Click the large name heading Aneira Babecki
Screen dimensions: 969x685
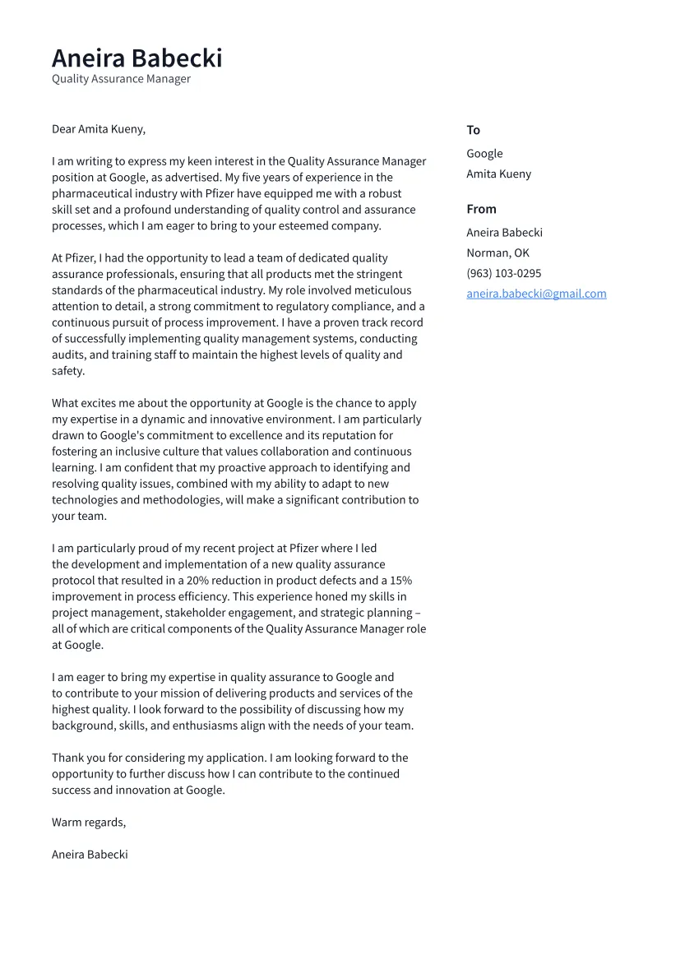(137, 58)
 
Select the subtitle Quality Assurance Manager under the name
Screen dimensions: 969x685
(121, 79)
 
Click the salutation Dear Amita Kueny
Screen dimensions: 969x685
(98, 129)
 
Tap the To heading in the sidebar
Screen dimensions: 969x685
(473, 130)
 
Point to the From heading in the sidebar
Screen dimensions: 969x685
(481, 209)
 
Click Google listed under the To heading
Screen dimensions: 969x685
(484, 154)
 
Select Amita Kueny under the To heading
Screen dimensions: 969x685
(498, 174)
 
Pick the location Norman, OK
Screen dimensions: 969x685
(498, 253)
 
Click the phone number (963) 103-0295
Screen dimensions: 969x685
(503, 273)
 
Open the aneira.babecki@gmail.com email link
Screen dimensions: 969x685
(536, 294)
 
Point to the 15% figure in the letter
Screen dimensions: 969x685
(400, 581)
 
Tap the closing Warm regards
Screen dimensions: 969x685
(89, 823)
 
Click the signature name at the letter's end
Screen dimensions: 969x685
(90, 855)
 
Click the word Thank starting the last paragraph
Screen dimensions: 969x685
(67, 758)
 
